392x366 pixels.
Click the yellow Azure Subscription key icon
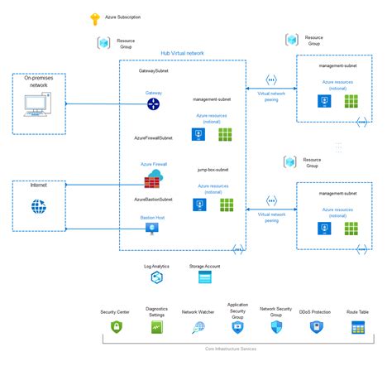pyautogui.click(x=94, y=17)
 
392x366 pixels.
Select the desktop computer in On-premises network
pyautogui.click(x=38, y=105)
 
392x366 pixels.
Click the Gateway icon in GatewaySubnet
pyautogui.click(x=154, y=105)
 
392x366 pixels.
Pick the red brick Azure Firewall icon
pyautogui.click(x=155, y=180)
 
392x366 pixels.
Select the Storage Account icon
pyautogui.click(x=205, y=278)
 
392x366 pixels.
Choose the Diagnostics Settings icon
pyautogui.click(x=156, y=328)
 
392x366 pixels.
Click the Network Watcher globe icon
pyautogui.click(x=198, y=328)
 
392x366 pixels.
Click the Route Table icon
pyautogui.click(x=357, y=328)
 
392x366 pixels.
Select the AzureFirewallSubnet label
pyautogui.click(x=153, y=137)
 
